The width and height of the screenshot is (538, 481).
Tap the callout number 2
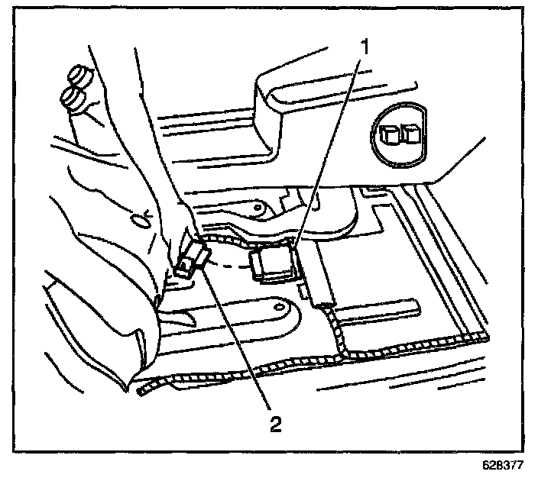(x=272, y=422)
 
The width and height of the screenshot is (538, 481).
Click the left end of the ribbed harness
(x=142, y=391)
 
